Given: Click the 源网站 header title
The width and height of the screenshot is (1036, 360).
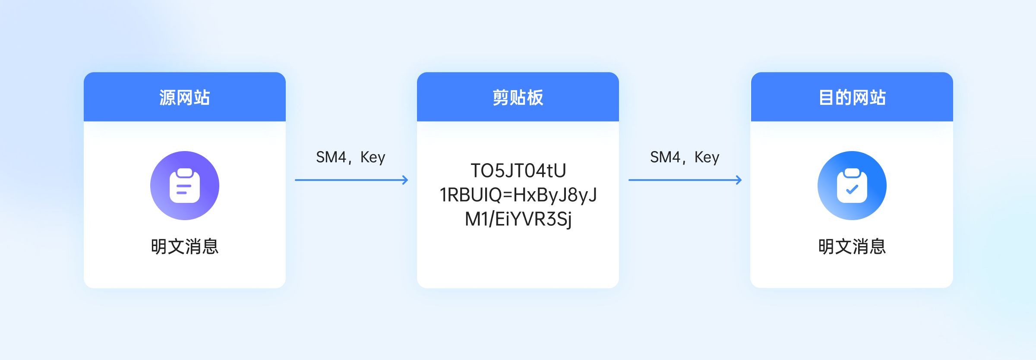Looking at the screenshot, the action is tap(184, 98).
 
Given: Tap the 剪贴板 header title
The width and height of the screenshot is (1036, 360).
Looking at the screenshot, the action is tap(518, 98).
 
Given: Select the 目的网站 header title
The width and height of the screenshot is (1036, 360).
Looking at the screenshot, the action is tap(852, 98).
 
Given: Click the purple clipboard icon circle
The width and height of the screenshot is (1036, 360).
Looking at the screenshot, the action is tap(185, 186).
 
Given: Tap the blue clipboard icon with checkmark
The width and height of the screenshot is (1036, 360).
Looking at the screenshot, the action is tap(852, 186).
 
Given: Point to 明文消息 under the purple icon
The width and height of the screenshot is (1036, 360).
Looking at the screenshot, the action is tap(185, 246).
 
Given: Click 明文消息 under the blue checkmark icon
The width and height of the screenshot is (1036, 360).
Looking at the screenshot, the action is tap(852, 246).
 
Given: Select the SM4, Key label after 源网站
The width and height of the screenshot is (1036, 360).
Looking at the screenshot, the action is tap(351, 157).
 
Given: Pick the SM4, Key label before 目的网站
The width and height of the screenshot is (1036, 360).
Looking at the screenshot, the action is tap(685, 157).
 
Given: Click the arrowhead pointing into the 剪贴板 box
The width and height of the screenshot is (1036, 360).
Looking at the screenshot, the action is tap(405, 180).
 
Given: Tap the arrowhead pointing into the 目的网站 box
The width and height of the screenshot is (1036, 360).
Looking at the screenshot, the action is tap(739, 180).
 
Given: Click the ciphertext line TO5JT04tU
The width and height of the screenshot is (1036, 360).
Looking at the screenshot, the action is tap(518, 171).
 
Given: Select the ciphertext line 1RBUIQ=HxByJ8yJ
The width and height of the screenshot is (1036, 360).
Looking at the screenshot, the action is tap(518, 195).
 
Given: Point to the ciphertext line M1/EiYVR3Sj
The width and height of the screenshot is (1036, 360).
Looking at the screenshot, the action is tap(518, 219).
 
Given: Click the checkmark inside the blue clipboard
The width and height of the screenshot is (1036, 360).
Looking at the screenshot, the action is tap(852, 189).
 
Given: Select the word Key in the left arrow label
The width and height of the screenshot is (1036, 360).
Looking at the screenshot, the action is tap(373, 157).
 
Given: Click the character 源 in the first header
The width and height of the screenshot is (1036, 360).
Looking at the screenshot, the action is tap(167, 98).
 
